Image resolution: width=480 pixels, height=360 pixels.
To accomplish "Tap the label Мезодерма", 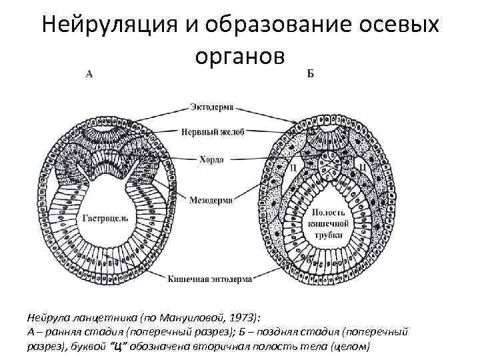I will point(210,199).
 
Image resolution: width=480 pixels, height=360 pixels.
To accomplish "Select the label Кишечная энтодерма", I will point(210,279).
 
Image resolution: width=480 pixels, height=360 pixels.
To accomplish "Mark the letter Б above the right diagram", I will point(311,73).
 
